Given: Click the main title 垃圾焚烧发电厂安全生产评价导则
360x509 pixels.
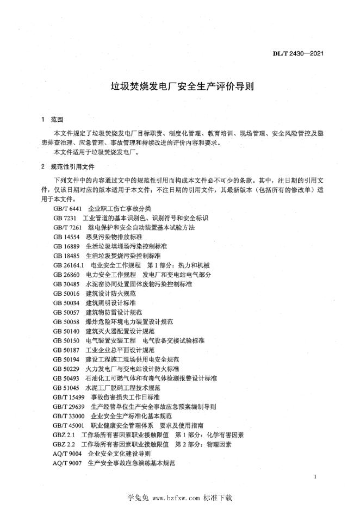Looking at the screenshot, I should (x=179, y=86).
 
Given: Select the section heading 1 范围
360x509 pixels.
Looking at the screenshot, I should (x=53, y=119).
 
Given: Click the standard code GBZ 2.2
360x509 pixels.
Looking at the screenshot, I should (x=64, y=444).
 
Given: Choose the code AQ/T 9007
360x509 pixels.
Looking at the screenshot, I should (x=67, y=462).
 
